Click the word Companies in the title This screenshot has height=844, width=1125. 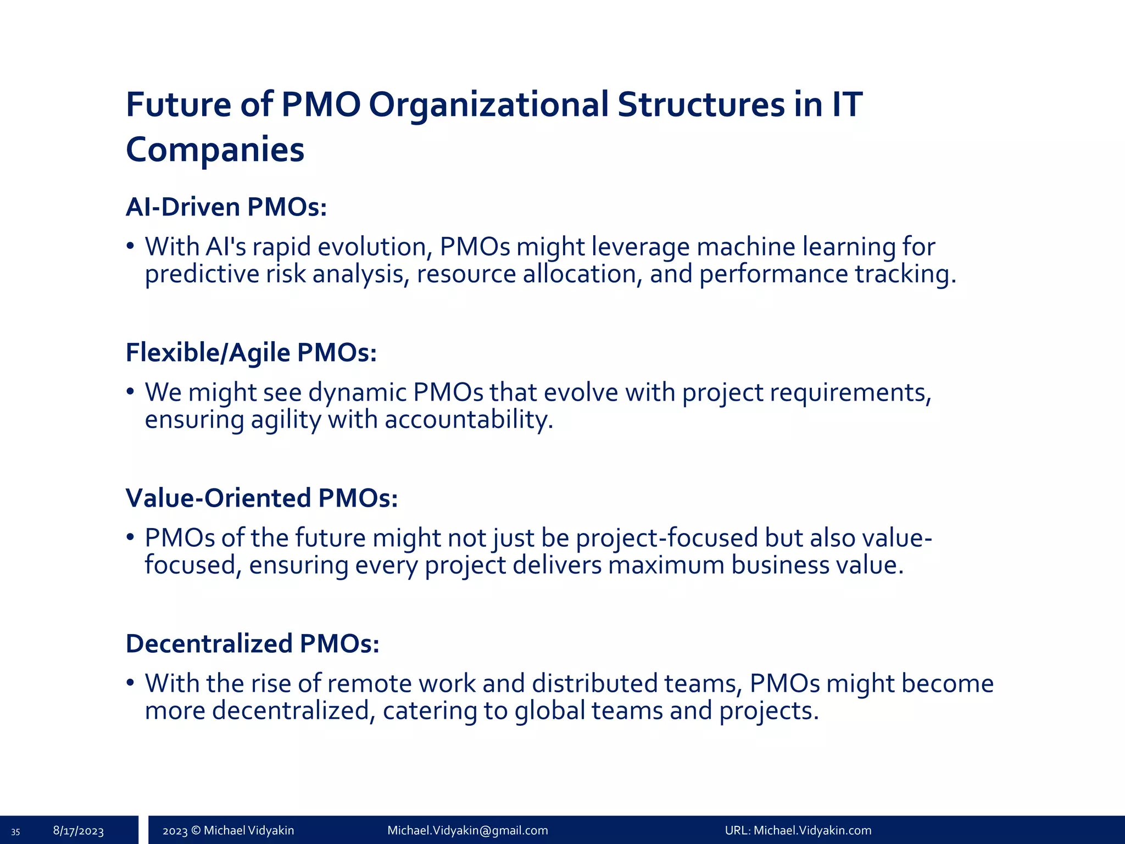pyautogui.click(x=215, y=149)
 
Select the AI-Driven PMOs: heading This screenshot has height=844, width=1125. pyautogui.click(x=226, y=207)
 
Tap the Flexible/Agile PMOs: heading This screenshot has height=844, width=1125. pyautogui.click(x=251, y=352)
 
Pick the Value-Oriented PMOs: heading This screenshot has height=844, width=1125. pyautogui.click(x=261, y=498)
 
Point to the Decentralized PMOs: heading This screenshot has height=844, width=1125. pyautogui.click(x=252, y=643)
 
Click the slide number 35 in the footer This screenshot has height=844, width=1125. pyautogui.click(x=15, y=831)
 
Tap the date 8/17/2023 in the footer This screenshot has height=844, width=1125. pyautogui.click(x=78, y=831)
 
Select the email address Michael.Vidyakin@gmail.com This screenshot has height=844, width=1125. pyautogui.click(x=467, y=830)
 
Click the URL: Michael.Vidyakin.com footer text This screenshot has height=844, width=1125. pyautogui.click(x=798, y=830)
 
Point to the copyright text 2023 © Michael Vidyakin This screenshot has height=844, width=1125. pyautogui.click(x=228, y=830)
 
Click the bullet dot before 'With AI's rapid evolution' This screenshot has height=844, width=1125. pyautogui.click(x=130, y=246)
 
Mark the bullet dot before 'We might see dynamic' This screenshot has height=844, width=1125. pyautogui.click(x=130, y=391)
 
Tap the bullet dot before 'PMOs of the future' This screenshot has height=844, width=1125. pyautogui.click(x=130, y=537)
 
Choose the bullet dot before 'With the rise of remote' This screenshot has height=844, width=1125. pyautogui.click(x=130, y=682)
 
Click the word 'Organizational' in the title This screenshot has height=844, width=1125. pyautogui.click(x=488, y=104)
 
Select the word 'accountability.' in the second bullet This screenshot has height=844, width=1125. pyautogui.click(x=469, y=420)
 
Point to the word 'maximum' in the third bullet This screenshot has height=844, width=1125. pyautogui.click(x=666, y=565)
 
